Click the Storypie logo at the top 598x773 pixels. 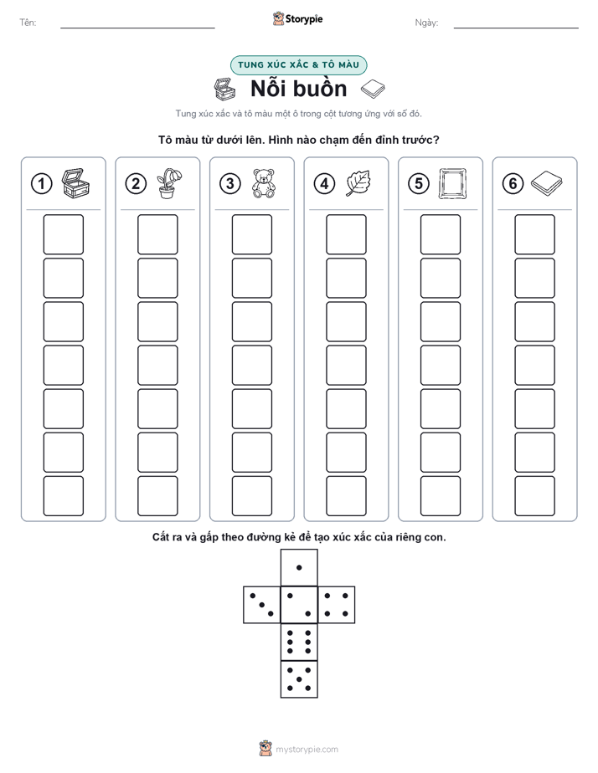tap(297, 18)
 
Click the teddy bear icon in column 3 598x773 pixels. tap(264, 183)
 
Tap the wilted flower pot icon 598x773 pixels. tap(168, 183)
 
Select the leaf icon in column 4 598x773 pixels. tap(358, 183)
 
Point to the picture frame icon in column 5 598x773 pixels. tap(452, 184)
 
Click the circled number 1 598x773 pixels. tap(41, 184)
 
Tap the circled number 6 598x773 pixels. tap(513, 184)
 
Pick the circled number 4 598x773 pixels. tap(324, 184)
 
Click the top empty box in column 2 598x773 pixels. tap(157, 234)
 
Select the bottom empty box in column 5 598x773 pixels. tap(440, 496)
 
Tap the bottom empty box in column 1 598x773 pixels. tap(63, 496)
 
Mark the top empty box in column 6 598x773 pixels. tap(534, 234)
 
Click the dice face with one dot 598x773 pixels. tap(299, 567)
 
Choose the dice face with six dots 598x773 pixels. tap(299, 642)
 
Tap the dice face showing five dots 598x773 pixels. tap(299, 678)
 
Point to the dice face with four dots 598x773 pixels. tap(337, 605)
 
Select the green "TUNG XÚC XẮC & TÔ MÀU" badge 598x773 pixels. tap(298, 65)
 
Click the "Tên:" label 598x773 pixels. tap(28, 23)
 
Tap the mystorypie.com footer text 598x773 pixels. tap(307, 750)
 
